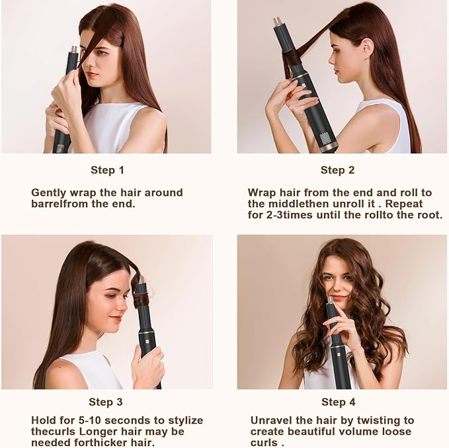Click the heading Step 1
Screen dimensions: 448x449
106,170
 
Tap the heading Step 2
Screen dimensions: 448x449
337,170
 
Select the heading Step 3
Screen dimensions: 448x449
106,402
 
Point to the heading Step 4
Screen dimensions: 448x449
338,402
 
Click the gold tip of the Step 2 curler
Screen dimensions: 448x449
278,22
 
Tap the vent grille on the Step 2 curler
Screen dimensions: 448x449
325,141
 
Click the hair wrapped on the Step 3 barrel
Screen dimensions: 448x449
141,299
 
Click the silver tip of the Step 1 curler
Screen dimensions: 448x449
73,49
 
